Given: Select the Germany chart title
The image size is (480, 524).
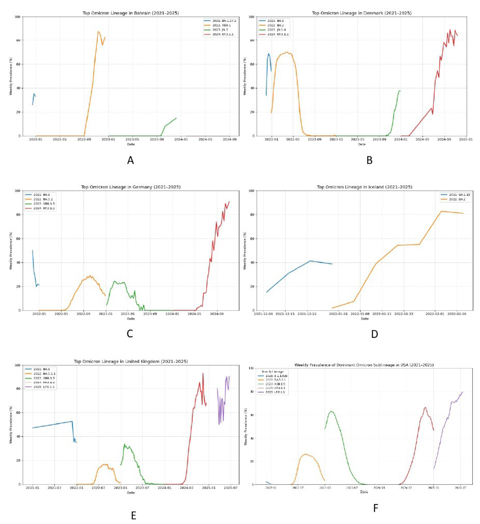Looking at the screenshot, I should (x=131, y=187).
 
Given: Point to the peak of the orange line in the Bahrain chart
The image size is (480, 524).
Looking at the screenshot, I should (x=98, y=32).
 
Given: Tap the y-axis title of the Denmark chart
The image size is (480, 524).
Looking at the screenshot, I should (x=245, y=76).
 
